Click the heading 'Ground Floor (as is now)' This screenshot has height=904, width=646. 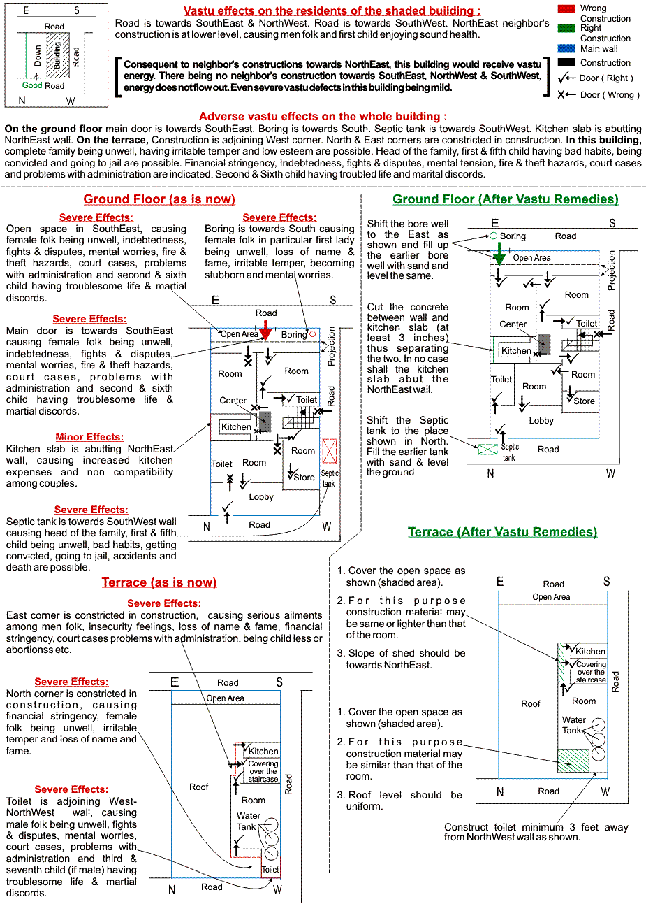point(159,199)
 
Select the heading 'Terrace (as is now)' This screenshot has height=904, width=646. point(159,582)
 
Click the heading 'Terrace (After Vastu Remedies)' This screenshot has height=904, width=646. point(502,532)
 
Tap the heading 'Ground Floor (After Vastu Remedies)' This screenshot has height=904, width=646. point(505,199)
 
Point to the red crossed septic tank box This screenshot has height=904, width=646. point(330,452)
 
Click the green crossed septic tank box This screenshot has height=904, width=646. point(487,449)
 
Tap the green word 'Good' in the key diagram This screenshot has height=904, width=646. point(32,85)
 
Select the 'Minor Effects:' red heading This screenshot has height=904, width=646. point(89,437)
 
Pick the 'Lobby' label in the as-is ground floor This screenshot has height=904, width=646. point(261,497)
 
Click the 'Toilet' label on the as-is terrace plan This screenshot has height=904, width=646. point(270,870)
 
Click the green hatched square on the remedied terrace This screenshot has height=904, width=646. point(573,761)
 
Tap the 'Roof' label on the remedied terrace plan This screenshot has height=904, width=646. point(531,704)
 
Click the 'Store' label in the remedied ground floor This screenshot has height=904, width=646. point(584,401)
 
